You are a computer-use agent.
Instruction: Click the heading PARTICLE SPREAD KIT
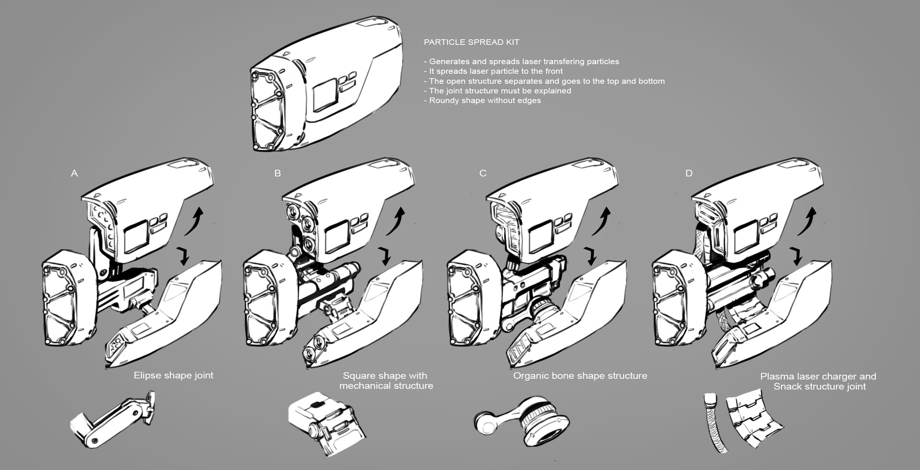tap(471, 42)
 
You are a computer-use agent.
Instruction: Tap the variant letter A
tap(74, 173)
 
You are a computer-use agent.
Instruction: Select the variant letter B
tap(277, 173)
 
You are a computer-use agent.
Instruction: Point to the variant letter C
tap(483, 173)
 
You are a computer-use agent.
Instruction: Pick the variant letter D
tap(689, 173)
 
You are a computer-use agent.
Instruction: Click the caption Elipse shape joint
tap(173, 376)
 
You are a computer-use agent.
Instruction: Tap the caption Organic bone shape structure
tap(580, 376)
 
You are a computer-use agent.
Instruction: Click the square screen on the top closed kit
tap(324, 95)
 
